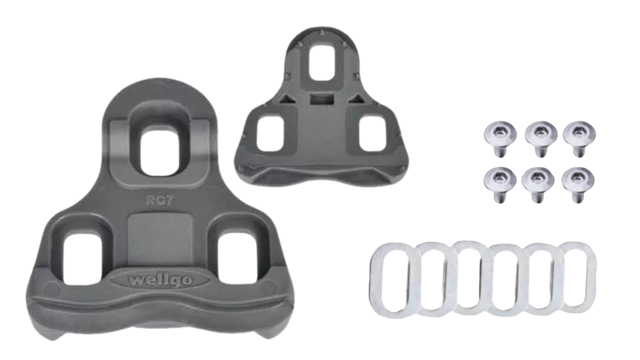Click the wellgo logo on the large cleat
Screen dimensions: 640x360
(160, 280)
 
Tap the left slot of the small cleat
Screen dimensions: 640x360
(270, 134)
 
